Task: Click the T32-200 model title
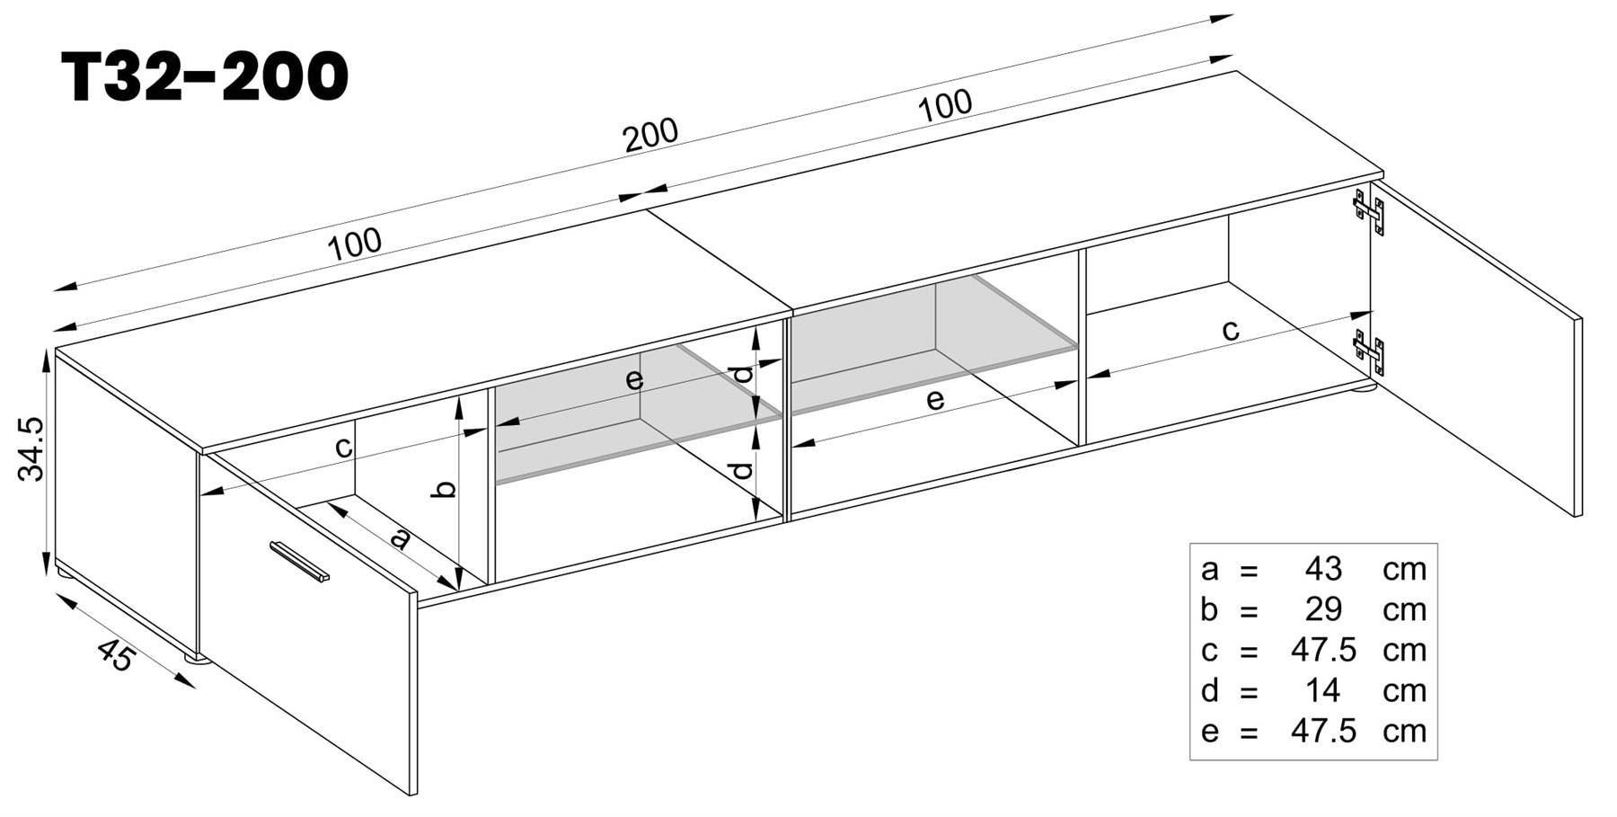click(205, 76)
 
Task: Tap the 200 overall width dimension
click(650, 135)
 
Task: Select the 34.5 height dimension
click(31, 448)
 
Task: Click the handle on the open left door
click(299, 562)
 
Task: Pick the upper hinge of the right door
click(1369, 212)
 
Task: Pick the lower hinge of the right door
click(1369, 351)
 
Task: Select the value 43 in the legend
click(1322, 569)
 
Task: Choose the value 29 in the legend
click(1322, 609)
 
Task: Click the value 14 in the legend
click(1322, 690)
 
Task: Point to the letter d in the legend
click(1209, 690)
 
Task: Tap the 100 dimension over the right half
click(945, 105)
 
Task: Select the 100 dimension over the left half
click(354, 244)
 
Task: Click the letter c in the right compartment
click(1231, 330)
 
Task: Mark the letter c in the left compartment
click(343, 447)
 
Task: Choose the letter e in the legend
click(1209, 732)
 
